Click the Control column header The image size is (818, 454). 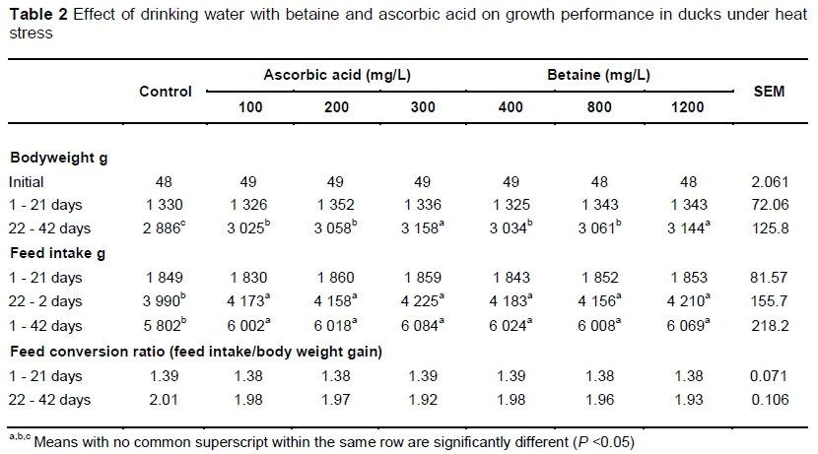coord(165,92)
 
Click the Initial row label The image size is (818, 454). coord(27,182)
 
